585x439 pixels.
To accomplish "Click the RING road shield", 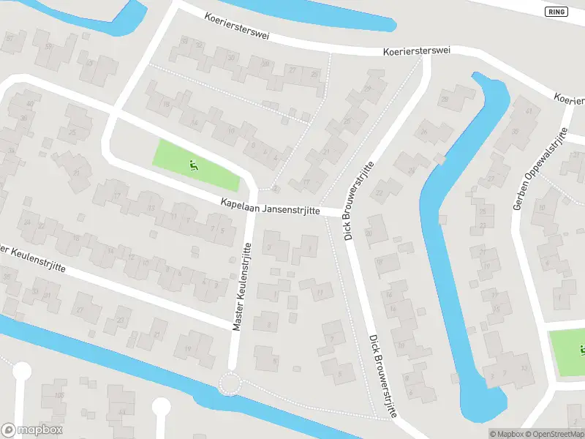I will pos(556,12).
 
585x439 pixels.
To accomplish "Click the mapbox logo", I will pos(32,430).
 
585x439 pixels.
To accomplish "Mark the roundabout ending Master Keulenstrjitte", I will pos(231,382).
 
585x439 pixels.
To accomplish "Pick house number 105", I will pos(59,395).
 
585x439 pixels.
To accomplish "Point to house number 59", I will pos(49,47).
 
